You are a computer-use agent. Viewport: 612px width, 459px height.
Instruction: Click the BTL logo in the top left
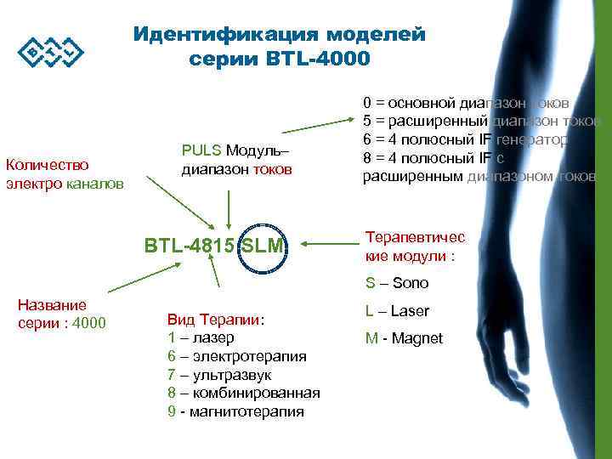(51, 52)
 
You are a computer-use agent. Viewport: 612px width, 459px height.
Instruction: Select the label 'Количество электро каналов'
(65, 173)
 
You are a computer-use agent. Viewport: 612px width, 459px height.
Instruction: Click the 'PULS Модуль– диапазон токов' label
(236, 159)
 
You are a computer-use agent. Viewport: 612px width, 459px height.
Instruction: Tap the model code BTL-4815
(191, 246)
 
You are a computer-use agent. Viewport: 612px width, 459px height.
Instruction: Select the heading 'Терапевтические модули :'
(415, 246)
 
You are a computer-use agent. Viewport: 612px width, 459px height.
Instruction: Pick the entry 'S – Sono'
(397, 283)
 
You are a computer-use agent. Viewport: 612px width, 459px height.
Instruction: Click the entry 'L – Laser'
(397, 310)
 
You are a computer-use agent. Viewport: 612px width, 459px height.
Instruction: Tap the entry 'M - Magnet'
(404, 338)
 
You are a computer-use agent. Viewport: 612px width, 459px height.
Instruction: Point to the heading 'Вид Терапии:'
(216, 320)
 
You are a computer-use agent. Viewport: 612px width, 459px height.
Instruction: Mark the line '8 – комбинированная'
(243, 393)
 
